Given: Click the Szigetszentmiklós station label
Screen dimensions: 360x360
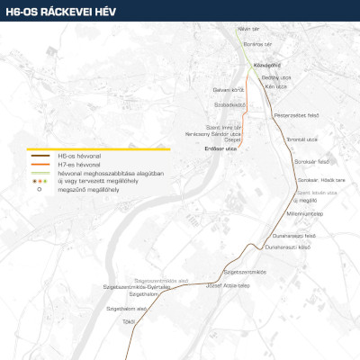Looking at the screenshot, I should click(245, 271).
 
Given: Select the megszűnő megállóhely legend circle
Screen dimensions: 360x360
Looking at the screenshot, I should click(40, 189).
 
